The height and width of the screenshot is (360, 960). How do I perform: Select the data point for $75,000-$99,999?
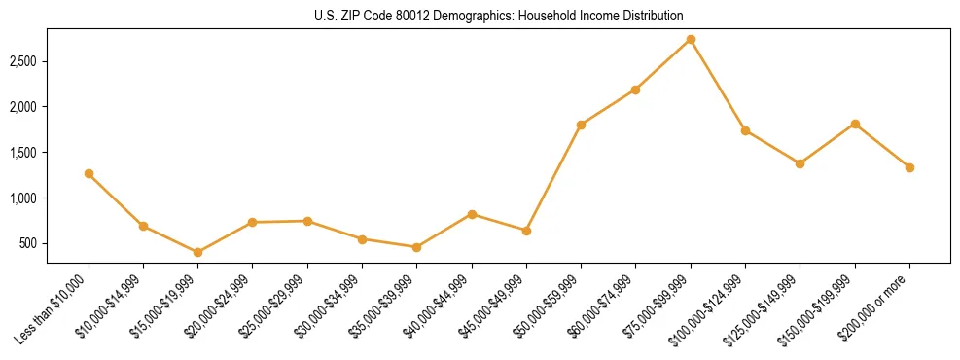tap(691, 40)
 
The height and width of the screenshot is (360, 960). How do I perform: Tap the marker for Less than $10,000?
tap(89, 174)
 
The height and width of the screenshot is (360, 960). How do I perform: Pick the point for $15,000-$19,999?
tap(198, 252)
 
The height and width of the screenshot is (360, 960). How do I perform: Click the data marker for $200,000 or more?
tap(909, 167)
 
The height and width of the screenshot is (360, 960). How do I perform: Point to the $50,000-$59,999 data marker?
tap(581, 125)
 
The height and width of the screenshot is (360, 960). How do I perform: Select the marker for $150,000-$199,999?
tap(855, 124)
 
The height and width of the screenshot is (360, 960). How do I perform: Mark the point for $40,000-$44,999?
tap(472, 214)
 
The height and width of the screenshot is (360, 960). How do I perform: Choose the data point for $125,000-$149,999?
tap(800, 163)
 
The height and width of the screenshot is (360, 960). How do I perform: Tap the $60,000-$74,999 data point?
tap(635, 90)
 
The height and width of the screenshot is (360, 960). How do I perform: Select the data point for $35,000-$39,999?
tap(416, 247)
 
